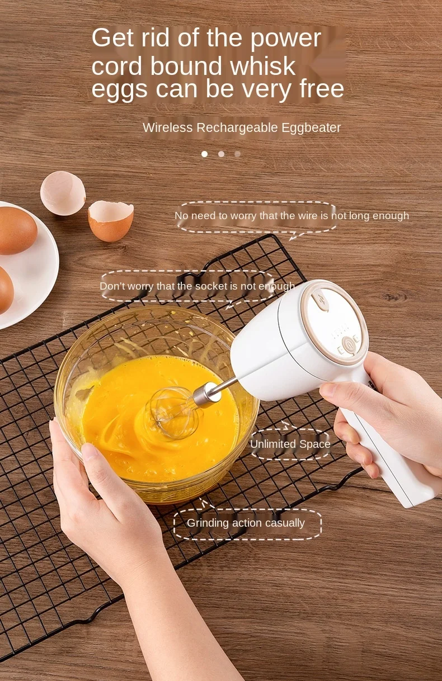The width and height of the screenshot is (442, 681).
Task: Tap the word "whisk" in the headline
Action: pos(263,67)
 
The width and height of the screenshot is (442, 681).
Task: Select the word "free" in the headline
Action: pos(318,89)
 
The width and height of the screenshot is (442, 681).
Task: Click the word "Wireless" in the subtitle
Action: pos(166,127)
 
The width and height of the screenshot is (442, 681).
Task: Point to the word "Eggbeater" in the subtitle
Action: pos(311,127)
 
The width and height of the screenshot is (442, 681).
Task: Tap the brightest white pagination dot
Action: pos(204,154)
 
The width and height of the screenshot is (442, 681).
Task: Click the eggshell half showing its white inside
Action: pos(63,193)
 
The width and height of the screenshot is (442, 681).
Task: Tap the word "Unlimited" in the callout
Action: pos(273,444)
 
